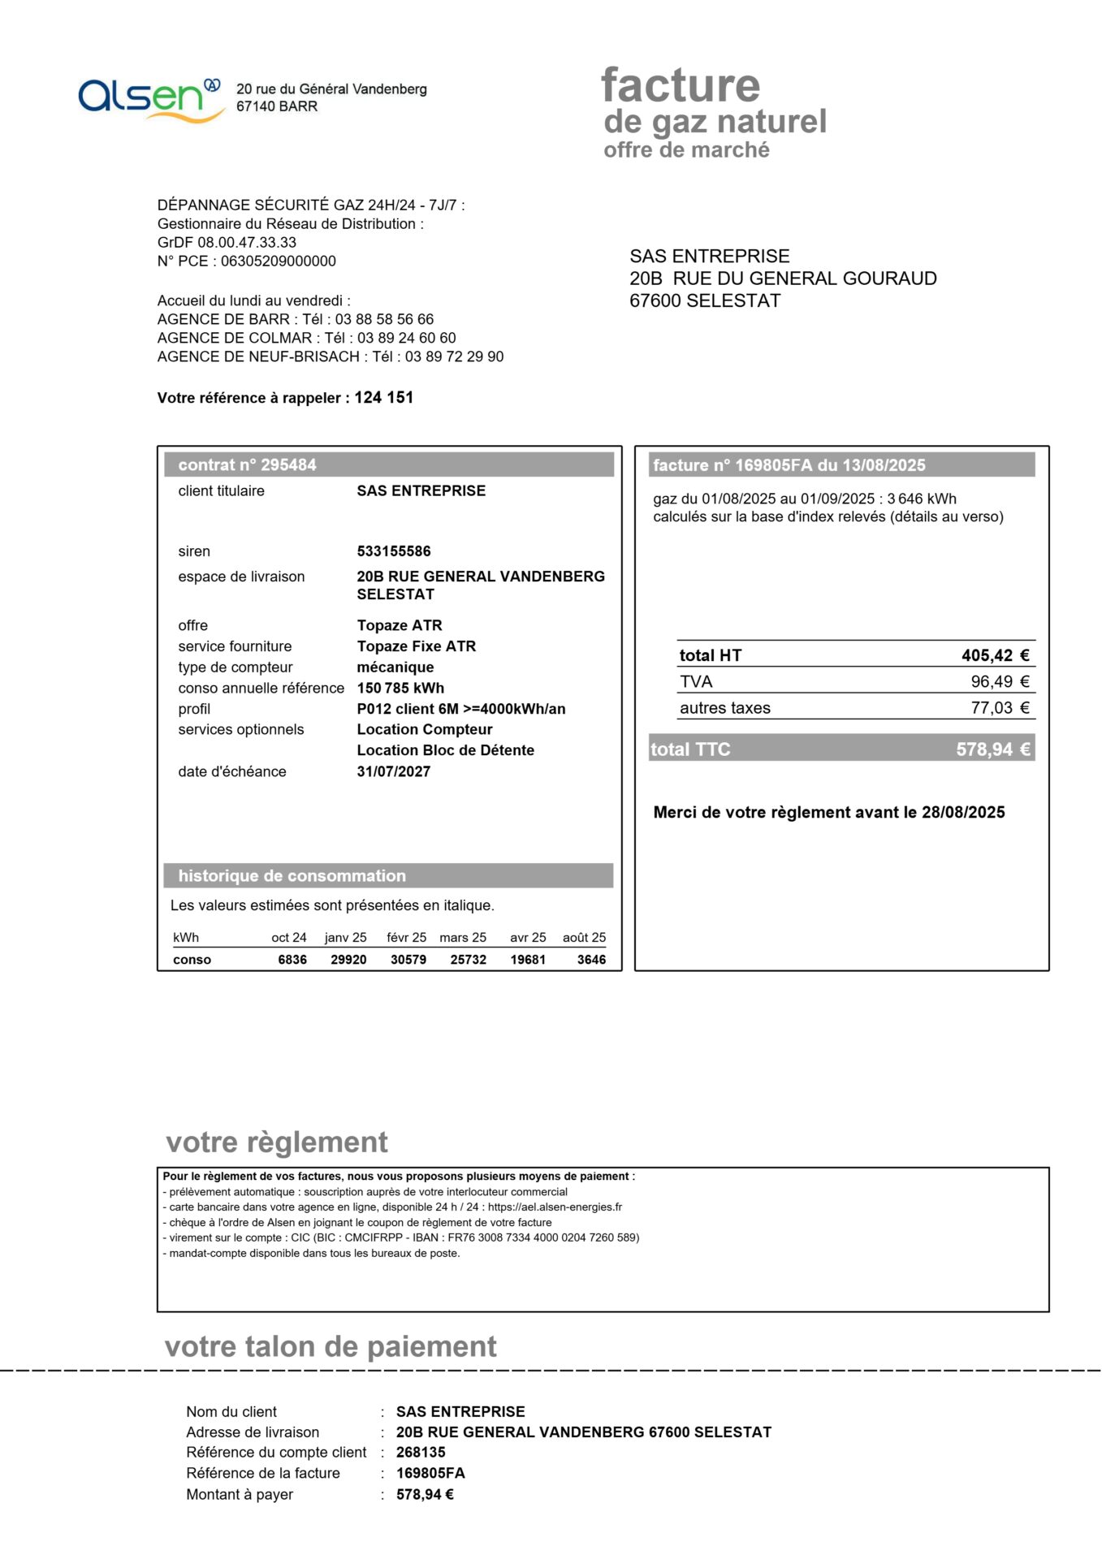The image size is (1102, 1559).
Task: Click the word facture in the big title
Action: [x=681, y=86]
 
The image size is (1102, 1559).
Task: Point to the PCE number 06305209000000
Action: [x=279, y=261]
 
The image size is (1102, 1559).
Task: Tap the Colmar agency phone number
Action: [x=406, y=338]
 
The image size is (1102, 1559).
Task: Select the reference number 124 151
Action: [x=383, y=398]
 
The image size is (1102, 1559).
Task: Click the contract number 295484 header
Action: [x=247, y=465]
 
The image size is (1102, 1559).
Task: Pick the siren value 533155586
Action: [x=394, y=551]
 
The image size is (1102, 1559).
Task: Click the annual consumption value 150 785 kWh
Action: [x=400, y=689]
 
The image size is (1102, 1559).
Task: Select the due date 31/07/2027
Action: [x=394, y=772]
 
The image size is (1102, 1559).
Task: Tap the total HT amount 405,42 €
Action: [x=995, y=656]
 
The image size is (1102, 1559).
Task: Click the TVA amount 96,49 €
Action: [x=1000, y=682]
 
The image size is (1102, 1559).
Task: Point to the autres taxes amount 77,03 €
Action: [x=1000, y=708]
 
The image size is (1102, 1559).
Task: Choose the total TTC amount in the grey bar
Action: [x=992, y=749]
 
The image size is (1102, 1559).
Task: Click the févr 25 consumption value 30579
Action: [x=408, y=960]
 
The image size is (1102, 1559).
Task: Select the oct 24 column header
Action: [x=289, y=938]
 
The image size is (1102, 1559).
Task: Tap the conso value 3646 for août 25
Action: [x=591, y=960]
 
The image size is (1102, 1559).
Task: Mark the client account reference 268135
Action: [x=421, y=1453]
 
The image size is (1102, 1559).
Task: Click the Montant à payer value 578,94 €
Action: [x=425, y=1495]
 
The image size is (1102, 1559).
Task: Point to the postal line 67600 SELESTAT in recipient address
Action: [x=705, y=301]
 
